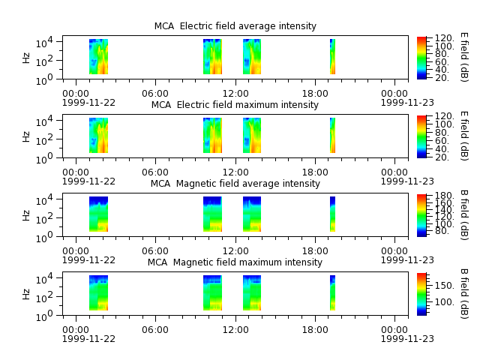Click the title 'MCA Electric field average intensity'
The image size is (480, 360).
235,26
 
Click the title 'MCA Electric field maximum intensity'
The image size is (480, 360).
235,105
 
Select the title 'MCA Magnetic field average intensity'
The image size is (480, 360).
235,183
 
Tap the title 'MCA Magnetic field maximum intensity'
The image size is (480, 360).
235,262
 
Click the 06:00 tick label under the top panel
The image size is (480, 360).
155,93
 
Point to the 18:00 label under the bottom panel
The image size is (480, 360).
315,330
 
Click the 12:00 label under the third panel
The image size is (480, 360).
235,251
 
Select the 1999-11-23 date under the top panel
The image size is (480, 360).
407,102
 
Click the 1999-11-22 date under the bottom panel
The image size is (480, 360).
88,339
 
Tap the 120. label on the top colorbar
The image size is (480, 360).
445,38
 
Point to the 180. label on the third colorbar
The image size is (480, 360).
445,196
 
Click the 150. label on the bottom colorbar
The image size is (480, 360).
445,286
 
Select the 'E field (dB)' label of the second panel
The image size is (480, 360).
464,136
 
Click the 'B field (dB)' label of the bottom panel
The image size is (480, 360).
464,294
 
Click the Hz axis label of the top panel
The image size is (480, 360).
26,58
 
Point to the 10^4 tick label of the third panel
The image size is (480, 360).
44,200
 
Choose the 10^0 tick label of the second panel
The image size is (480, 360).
44,159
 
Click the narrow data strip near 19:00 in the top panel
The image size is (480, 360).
332,57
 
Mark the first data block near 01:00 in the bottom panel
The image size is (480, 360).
98,293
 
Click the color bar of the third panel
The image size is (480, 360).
421,215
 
